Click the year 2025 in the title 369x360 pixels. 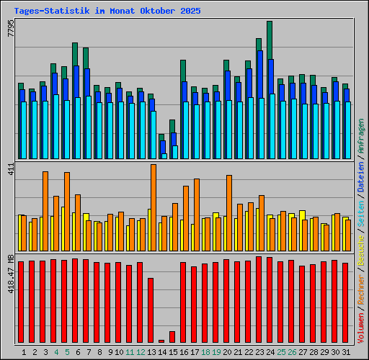coord(191,12)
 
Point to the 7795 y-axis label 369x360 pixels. coord(10,30)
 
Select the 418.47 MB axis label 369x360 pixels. coord(10,276)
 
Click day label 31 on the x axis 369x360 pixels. coord(346,352)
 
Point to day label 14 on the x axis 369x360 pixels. coord(162,352)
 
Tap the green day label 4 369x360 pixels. coord(55,352)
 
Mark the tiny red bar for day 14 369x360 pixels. coord(161,341)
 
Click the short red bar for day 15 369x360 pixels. coord(172,337)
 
